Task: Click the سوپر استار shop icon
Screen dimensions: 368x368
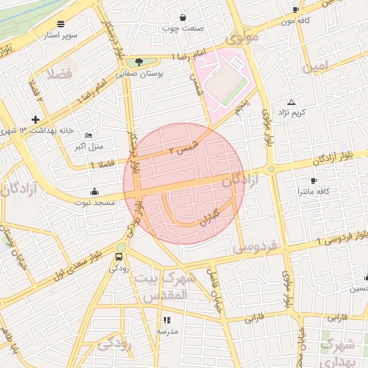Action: click(x=60, y=23)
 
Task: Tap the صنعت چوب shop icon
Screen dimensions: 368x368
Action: click(x=183, y=17)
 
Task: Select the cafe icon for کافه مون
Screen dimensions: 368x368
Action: click(x=295, y=9)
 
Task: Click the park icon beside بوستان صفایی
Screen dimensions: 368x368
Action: click(x=139, y=62)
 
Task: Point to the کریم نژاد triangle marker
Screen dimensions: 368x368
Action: click(x=291, y=102)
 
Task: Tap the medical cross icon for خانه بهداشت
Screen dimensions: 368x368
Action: click(x=35, y=119)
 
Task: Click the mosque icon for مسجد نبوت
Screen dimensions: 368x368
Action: click(x=94, y=192)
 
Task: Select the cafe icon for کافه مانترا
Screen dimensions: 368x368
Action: click(x=313, y=180)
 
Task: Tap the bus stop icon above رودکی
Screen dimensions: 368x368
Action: click(x=119, y=257)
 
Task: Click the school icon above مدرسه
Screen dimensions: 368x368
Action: click(x=167, y=320)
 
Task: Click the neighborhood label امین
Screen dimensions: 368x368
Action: click(x=319, y=68)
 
